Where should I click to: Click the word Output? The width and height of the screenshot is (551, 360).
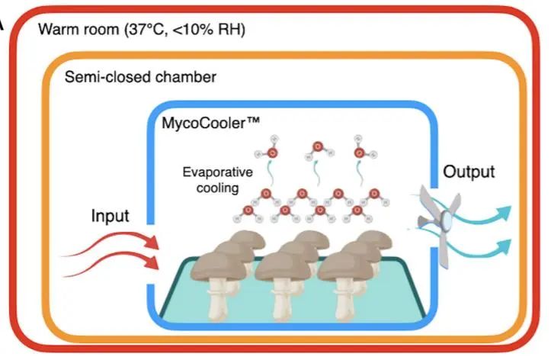[469, 172]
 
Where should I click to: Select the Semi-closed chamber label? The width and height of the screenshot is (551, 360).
[140, 77]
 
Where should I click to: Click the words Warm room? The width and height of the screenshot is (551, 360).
[73, 30]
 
